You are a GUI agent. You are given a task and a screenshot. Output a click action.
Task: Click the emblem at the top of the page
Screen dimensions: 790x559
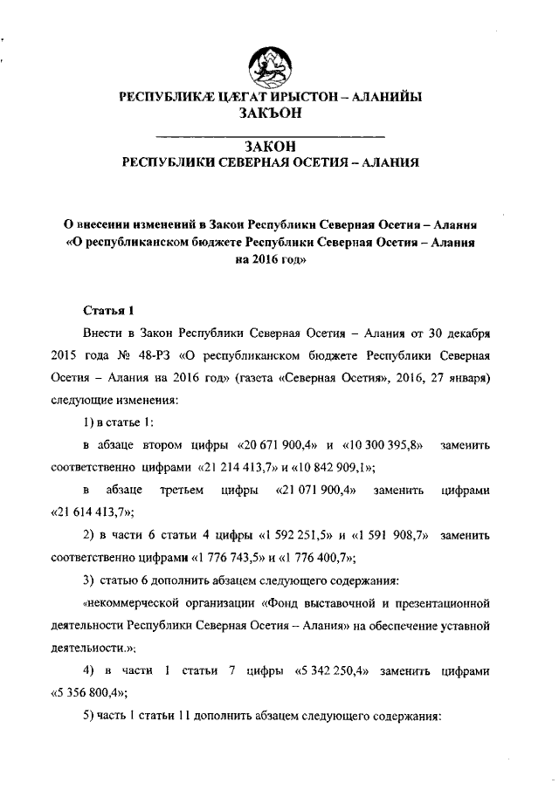(x=271, y=67)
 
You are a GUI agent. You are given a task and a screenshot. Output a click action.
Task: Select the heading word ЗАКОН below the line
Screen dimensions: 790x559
(x=270, y=145)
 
